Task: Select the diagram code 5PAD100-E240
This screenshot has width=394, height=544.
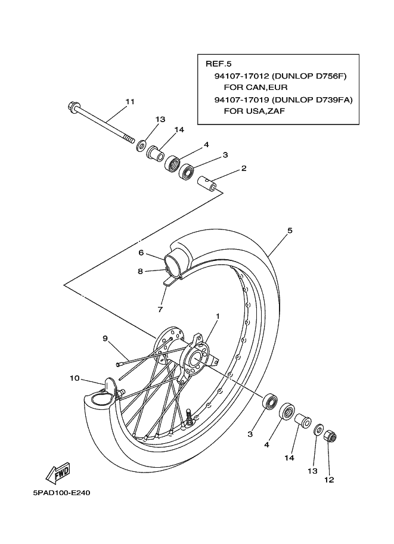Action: click(62, 493)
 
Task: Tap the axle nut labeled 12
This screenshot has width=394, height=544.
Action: click(330, 436)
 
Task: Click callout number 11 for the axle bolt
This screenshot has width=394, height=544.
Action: click(130, 102)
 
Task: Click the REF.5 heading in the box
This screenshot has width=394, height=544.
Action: click(218, 64)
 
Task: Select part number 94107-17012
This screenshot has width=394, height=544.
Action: click(241, 76)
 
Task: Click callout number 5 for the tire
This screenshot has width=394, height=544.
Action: click(290, 231)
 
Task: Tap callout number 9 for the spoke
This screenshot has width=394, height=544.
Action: click(105, 338)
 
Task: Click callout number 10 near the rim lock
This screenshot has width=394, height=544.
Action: click(75, 378)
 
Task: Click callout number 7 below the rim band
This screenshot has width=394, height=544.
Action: click(160, 309)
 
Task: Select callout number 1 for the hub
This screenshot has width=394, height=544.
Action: click(218, 316)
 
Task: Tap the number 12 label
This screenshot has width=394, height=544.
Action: click(329, 480)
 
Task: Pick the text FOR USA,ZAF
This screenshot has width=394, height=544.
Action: click(255, 111)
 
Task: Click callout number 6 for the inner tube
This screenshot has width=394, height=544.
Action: click(141, 253)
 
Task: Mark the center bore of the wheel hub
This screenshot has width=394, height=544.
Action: click(195, 358)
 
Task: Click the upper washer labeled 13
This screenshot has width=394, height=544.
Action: click(141, 144)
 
